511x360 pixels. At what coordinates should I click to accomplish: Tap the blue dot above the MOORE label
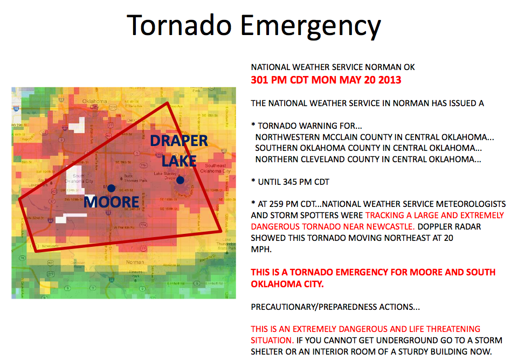111,188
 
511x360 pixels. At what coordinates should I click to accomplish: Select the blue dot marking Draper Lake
180,180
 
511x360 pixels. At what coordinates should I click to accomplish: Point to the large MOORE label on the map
112,203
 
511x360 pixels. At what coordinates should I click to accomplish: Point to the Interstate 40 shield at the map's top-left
17,108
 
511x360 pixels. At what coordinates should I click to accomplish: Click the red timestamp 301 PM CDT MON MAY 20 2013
326,80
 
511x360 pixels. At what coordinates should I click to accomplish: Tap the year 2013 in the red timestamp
390,80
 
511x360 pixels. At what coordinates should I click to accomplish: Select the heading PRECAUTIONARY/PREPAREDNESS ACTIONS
335,307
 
